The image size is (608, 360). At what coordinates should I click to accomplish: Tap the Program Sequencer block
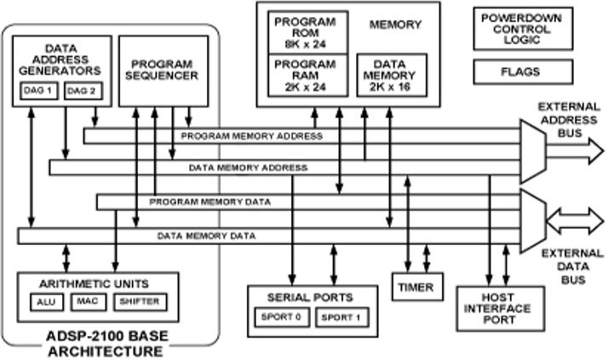(x=162, y=70)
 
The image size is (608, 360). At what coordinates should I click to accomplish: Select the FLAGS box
(x=520, y=72)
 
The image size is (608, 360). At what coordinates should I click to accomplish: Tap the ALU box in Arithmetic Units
(x=45, y=301)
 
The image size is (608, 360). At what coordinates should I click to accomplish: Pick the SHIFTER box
(x=137, y=301)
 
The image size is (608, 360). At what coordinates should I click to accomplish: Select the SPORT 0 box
(x=278, y=317)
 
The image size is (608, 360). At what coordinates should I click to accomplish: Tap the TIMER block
(x=415, y=287)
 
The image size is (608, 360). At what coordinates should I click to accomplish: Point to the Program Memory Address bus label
(x=252, y=135)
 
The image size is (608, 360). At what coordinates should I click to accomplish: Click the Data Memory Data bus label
(x=206, y=236)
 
